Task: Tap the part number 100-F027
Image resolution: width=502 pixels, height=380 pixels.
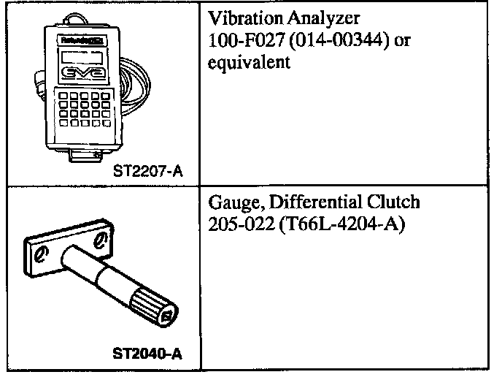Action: (240, 42)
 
